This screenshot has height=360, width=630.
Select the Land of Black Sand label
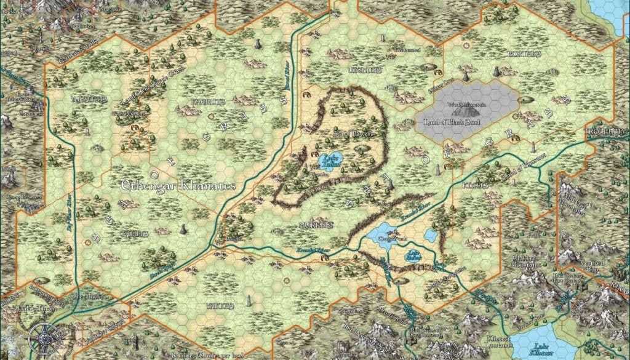pyautogui.click(x=468, y=121)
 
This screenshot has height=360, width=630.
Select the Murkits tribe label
pyautogui.click(x=316, y=225)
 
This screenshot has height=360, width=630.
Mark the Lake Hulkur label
pyautogui.click(x=413, y=258)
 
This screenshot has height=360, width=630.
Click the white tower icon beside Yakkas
pyautogui.click(x=249, y=301)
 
